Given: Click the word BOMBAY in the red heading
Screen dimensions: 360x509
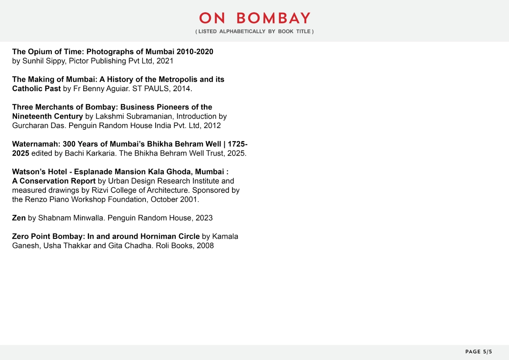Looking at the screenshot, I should pos(274,18).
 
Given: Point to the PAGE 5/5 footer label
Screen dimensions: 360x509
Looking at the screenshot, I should pos(479,352).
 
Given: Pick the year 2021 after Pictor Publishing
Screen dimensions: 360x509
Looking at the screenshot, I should pos(165,61).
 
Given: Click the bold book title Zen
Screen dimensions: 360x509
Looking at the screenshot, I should pos(19,218).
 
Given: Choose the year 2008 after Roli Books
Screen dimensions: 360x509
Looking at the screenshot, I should pos(205,246).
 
